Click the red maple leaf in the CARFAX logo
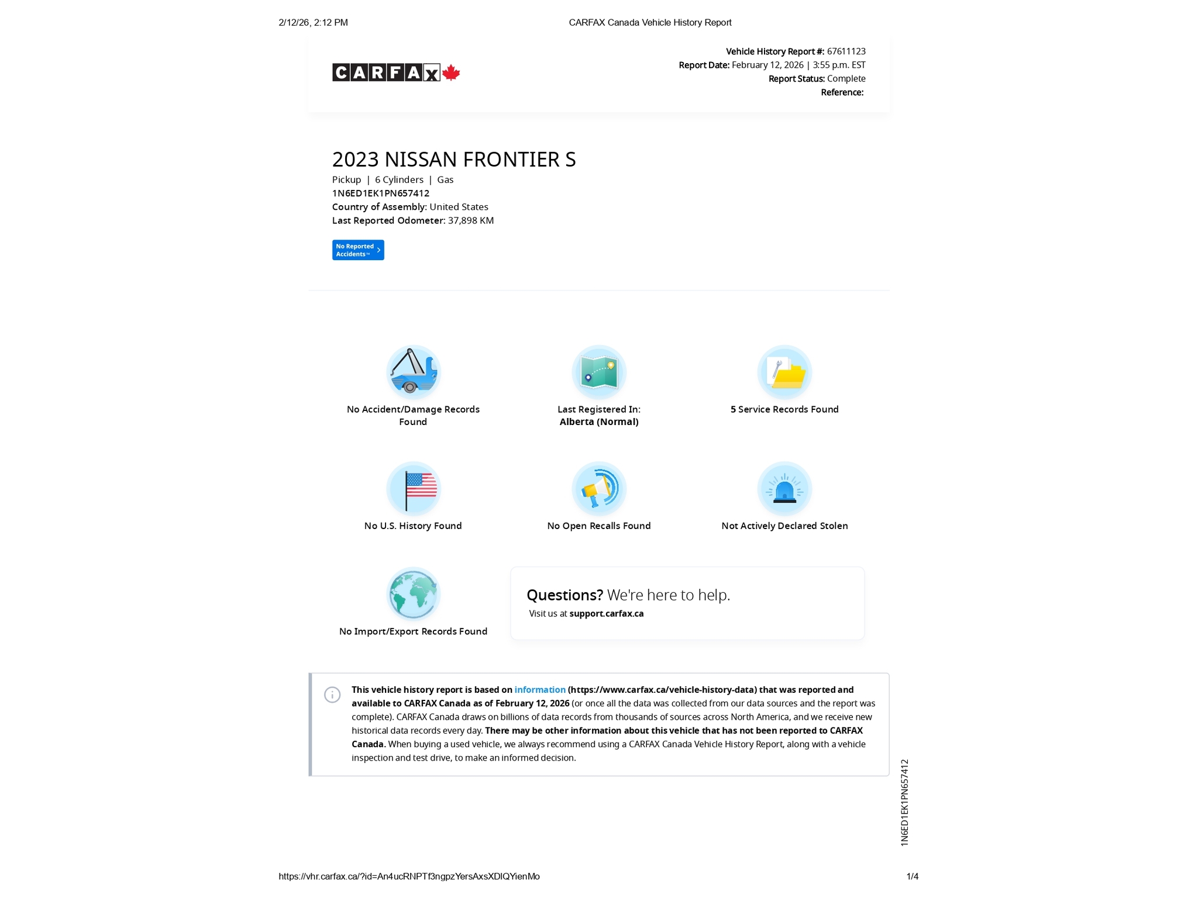click(x=450, y=72)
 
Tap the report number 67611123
click(x=846, y=51)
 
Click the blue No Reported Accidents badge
click(x=358, y=250)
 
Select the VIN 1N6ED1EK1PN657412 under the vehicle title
click(x=381, y=194)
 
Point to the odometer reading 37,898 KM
click(x=471, y=220)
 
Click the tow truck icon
click(x=413, y=372)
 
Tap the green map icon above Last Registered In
click(x=598, y=372)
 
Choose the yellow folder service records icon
click(x=784, y=372)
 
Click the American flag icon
click(x=413, y=488)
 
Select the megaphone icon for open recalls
click(x=598, y=488)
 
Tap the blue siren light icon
click(x=784, y=488)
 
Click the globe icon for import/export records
click(x=413, y=593)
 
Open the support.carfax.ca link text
click(x=607, y=614)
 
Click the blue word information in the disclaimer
click(x=540, y=690)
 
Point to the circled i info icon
click(x=332, y=695)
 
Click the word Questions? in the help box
click(x=564, y=595)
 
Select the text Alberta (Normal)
click(x=598, y=422)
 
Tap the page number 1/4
click(x=912, y=876)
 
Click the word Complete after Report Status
click(x=846, y=79)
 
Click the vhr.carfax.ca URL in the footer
click(x=409, y=876)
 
